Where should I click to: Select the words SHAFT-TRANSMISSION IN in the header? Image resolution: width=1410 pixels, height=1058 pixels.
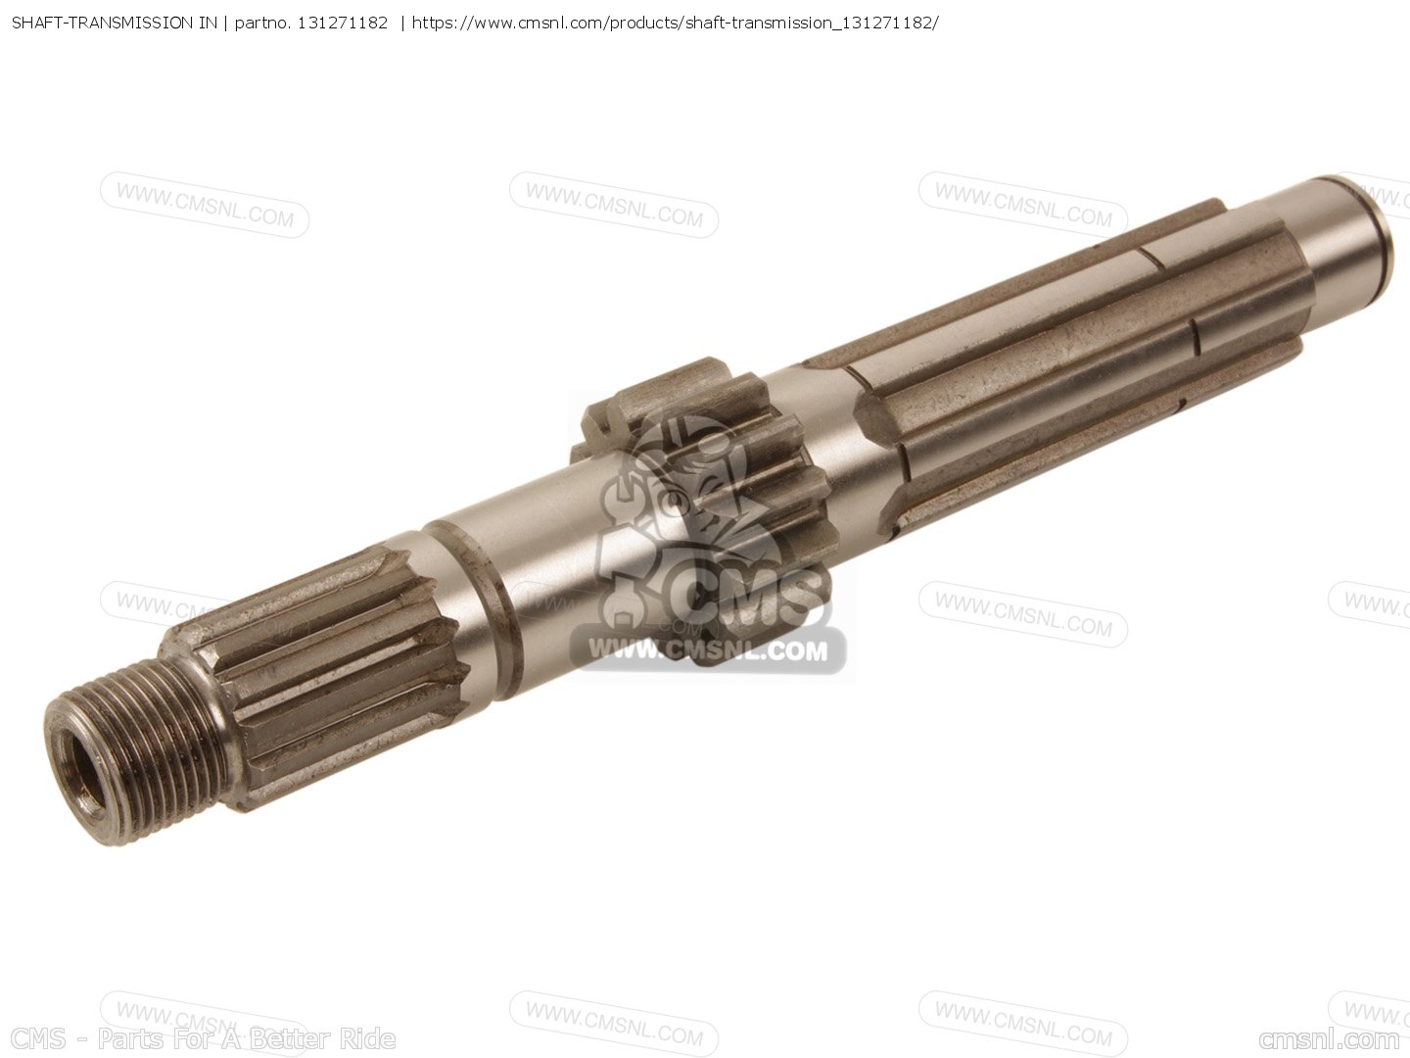tap(115, 24)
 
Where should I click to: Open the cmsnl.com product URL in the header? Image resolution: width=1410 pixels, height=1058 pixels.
tap(675, 24)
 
